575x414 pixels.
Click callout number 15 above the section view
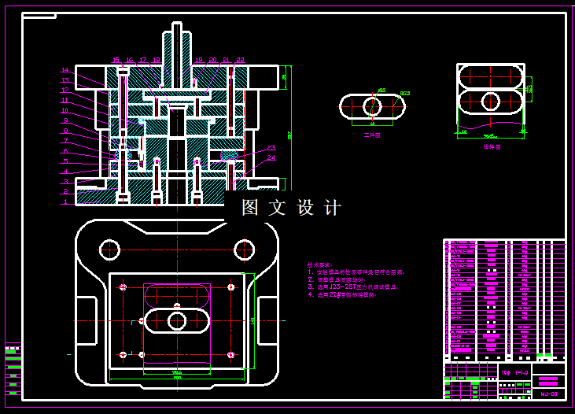pos(116,60)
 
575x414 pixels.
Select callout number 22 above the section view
pos(240,60)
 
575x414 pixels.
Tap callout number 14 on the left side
pos(65,71)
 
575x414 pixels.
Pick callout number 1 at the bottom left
pos(65,202)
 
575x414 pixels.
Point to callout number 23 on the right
pos(271,148)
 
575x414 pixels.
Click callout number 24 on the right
pos(271,157)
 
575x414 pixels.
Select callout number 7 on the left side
pos(65,141)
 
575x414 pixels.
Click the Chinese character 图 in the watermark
pos(250,208)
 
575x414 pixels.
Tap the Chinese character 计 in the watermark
pos(333,208)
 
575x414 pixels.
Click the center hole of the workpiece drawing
pos(372,106)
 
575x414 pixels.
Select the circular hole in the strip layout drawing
pos(490,101)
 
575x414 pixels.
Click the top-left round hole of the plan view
pos(109,250)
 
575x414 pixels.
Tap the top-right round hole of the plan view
pos(244,250)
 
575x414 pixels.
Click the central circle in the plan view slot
pos(177,320)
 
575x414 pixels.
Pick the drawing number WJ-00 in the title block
pos(548,394)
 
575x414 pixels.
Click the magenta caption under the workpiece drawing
pos(372,135)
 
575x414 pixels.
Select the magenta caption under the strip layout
pos(492,146)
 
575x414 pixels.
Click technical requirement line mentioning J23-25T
pos(352,287)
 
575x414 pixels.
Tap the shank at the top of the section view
pos(176,43)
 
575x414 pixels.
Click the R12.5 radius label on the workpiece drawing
pos(405,94)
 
